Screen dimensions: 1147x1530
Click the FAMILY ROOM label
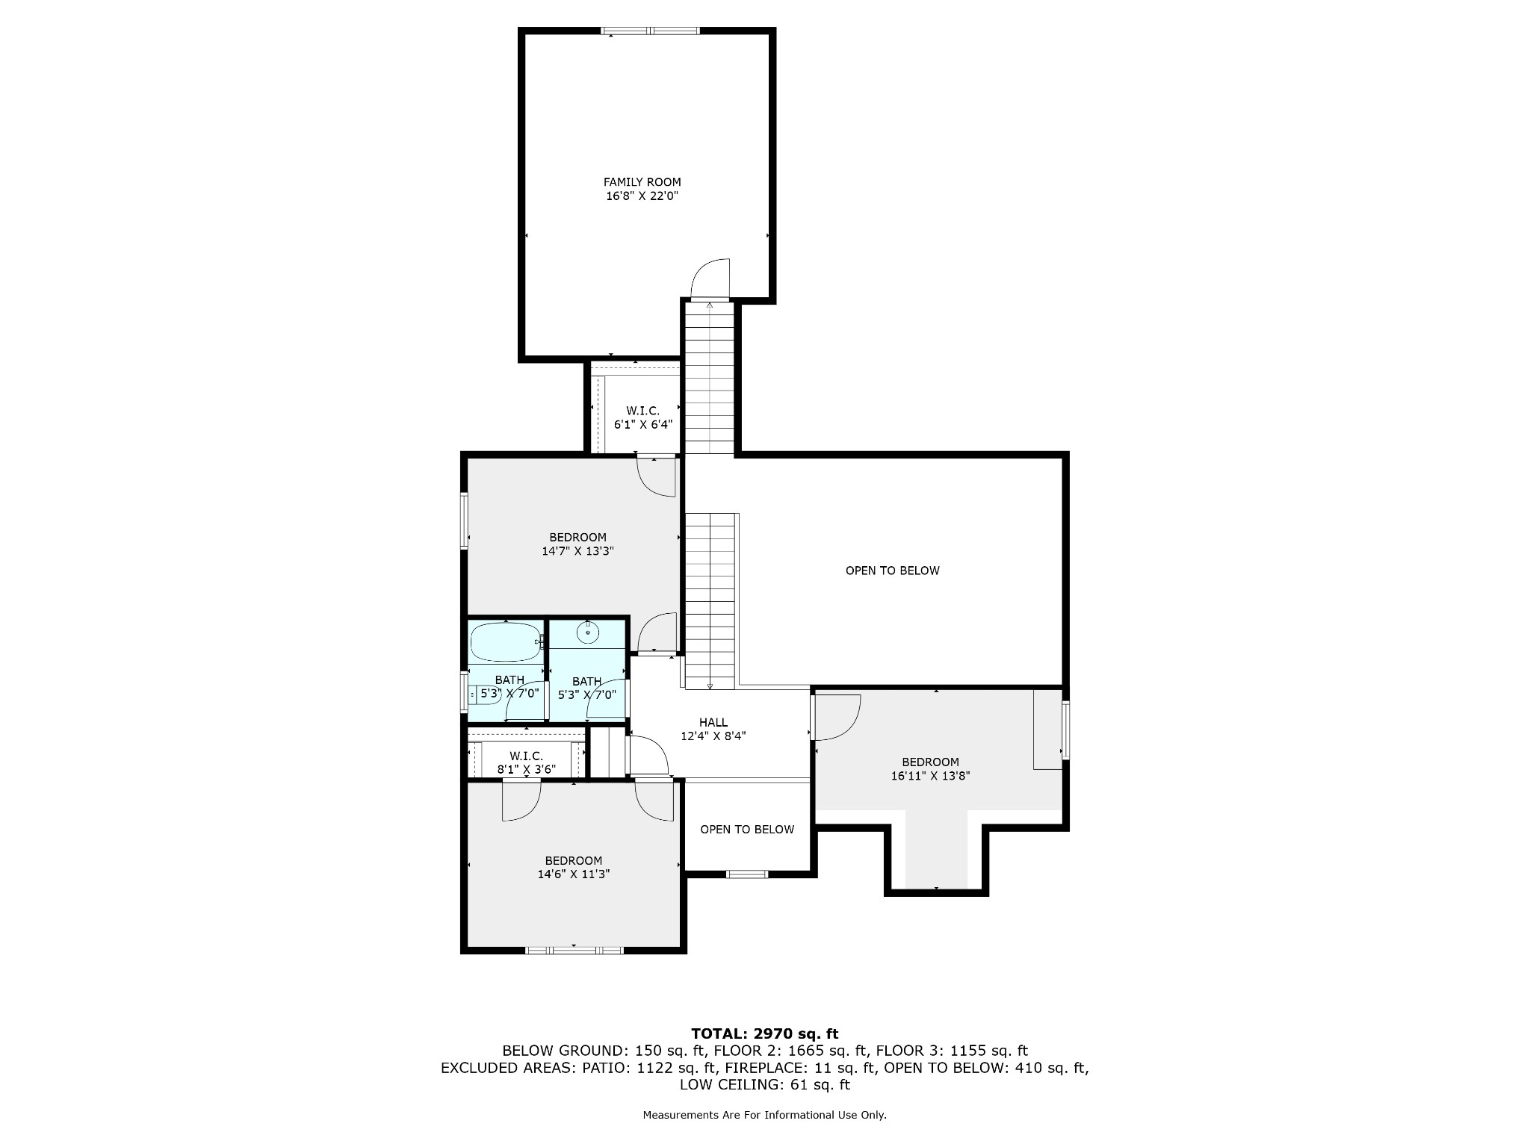tap(642, 181)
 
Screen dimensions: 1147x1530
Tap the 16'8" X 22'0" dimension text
tap(642, 196)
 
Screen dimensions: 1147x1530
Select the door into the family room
tap(710, 281)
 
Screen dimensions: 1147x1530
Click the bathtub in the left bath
tap(506, 641)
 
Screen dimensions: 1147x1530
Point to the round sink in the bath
tap(588, 633)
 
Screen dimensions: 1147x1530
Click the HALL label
tap(713, 722)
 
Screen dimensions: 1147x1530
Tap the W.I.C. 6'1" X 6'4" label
tap(642, 417)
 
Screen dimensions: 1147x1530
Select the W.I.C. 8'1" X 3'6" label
tap(526, 762)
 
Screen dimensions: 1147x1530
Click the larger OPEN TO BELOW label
tap(892, 571)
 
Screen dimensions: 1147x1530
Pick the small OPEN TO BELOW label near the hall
tap(747, 830)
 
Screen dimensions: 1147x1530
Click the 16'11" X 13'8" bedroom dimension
tap(930, 776)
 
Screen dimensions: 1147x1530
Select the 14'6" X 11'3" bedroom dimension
tap(573, 874)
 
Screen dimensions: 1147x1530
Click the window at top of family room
tap(650, 31)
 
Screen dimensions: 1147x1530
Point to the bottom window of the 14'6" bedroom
tap(574, 950)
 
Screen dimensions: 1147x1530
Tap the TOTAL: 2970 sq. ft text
tap(764, 1034)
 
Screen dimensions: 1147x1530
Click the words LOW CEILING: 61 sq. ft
tap(764, 1084)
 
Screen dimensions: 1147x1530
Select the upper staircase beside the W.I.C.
tap(709, 377)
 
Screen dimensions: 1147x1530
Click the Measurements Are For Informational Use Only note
tap(764, 1115)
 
